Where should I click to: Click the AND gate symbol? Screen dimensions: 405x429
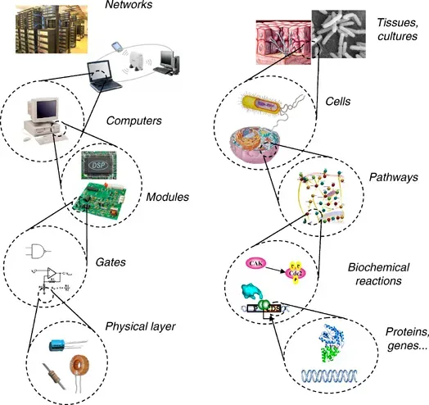tap(38, 252)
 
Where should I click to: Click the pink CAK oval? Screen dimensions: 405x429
tap(256, 263)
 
